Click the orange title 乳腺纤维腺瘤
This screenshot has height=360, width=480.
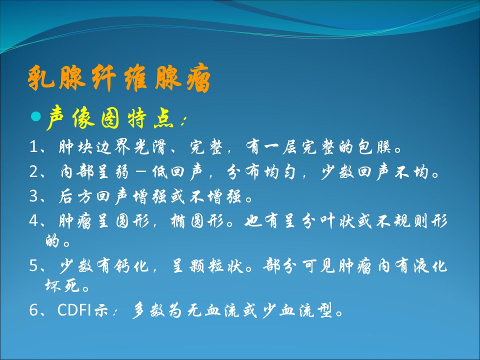pyautogui.click(x=119, y=78)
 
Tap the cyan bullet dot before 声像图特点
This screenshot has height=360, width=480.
pyautogui.click(x=36, y=116)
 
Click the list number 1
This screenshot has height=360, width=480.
pyautogui.click(x=33, y=147)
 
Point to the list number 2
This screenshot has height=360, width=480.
pyautogui.click(x=33, y=171)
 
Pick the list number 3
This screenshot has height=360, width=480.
pyautogui.click(x=33, y=196)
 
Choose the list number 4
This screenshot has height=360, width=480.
pyautogui.click(x=33, y=220)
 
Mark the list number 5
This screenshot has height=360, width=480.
pyautogui.click(x=33, y=265)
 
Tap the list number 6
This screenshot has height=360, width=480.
pyautogui.click(x=33, y=310)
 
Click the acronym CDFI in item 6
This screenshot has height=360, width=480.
pyautogui.click(x=74, y=310)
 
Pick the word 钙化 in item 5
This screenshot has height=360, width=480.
pyautogui.click(x=131, y=265)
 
